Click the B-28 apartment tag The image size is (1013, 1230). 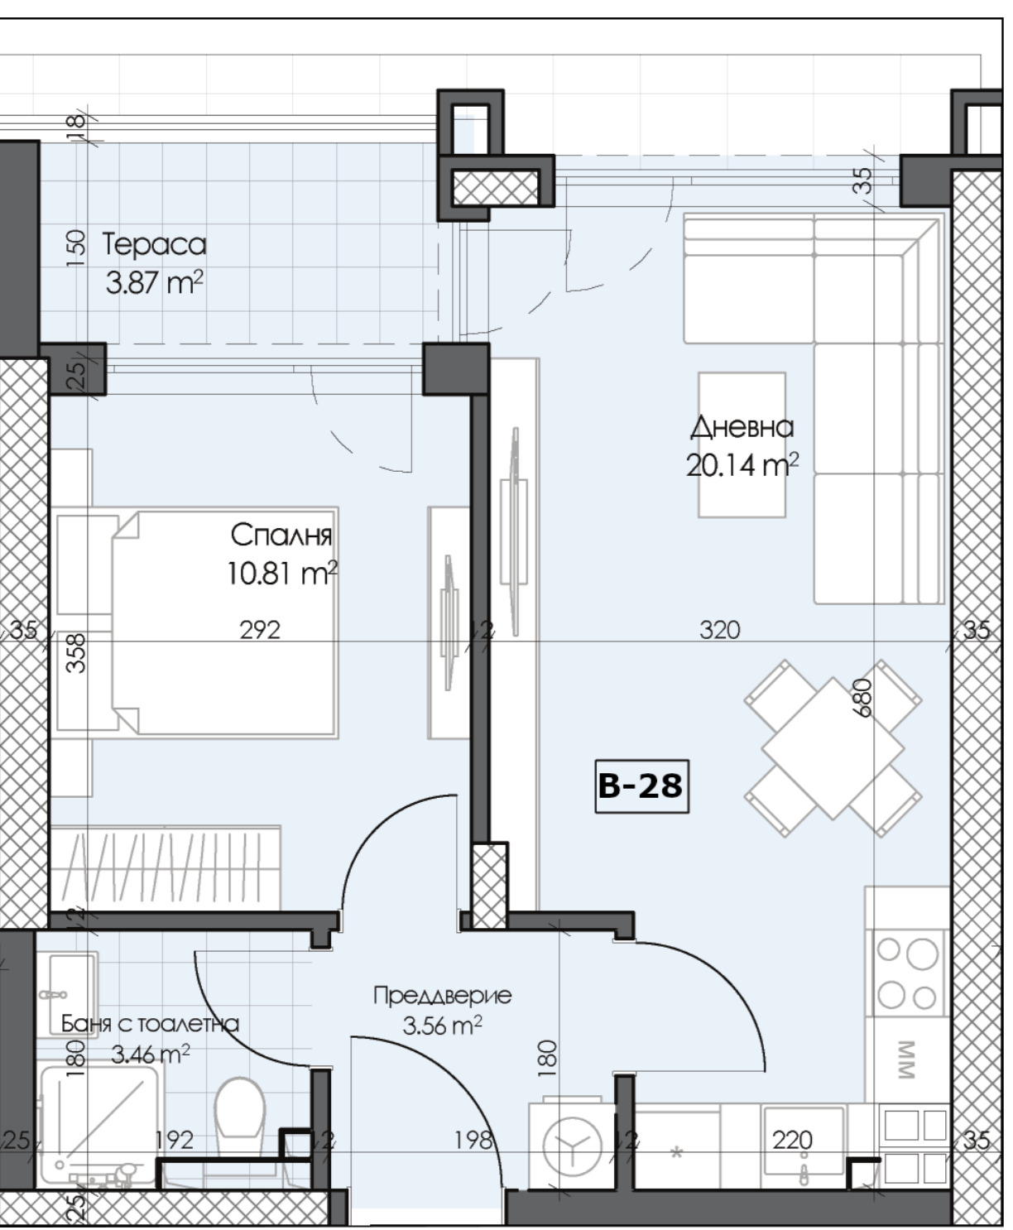[642, 786]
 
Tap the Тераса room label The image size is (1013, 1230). [154, 244]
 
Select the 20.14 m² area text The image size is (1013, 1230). [742, 465]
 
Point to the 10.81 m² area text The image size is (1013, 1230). [282, 573]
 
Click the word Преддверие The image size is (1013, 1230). [442, 996]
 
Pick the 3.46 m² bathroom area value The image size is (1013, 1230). [151, 1054]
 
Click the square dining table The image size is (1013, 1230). [833, 748]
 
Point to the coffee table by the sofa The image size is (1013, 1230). [742, 444]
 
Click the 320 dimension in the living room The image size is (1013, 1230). [720, 630]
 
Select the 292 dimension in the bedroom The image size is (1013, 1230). [260, 630]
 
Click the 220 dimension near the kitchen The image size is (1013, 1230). [792, 1141]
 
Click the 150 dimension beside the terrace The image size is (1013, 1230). [76, 248]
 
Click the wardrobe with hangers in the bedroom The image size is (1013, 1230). [166, 867]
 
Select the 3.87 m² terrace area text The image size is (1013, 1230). [154, 282]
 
